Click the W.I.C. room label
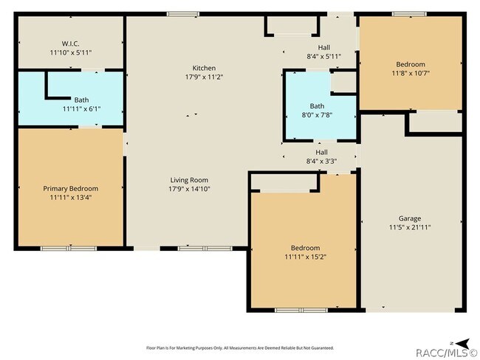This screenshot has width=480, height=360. click(x=71, y=44)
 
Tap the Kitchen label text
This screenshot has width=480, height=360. click(x=204, y=68)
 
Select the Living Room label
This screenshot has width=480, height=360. click(x=189, y=180)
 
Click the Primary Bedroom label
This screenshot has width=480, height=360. click(x=71, y=189)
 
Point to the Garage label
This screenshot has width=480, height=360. click(x=410, y=218)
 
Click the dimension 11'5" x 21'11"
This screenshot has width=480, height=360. click(x=410, y=227)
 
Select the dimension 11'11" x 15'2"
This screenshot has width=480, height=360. click(x=306, y=257)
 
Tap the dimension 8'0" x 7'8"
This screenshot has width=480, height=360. click(x=317, y=115)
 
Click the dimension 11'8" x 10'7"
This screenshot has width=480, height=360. click(x=411, y=73)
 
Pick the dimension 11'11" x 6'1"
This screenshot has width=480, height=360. click(x=82, y=108)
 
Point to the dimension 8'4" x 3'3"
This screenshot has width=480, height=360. click(x=322, y=162)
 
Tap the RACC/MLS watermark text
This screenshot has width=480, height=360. click(x=447, y=353)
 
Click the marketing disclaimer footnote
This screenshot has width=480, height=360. click(x=240, y=347)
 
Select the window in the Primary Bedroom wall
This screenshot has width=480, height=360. click(x=69, y=249)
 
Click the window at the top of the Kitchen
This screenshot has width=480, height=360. click(x=183, y=14)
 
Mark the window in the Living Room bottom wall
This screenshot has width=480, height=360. click(x=205, y=249)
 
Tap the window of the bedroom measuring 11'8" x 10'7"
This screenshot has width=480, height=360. click(x=409, y=14)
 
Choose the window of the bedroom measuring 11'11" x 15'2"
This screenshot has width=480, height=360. click(x=301, y=310)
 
